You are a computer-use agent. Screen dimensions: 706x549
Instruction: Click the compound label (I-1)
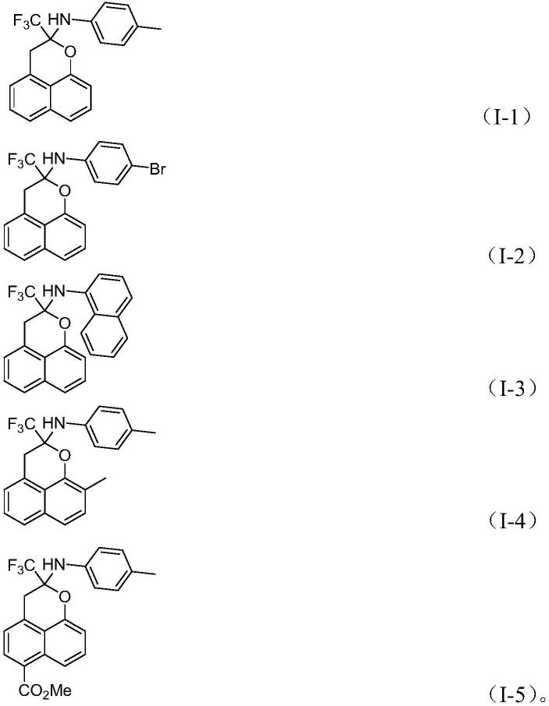coord(508,118)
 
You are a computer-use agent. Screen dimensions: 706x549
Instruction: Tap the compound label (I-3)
coord(508,387)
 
